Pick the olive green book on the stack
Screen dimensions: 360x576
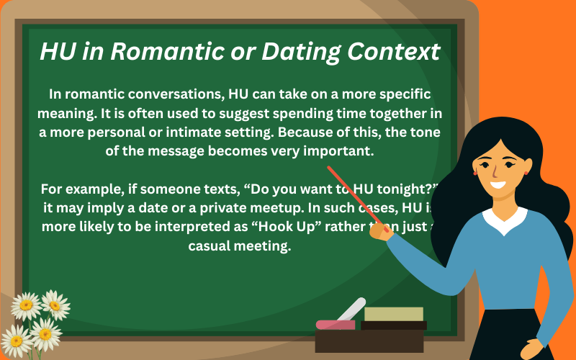[x=393, y=314]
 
